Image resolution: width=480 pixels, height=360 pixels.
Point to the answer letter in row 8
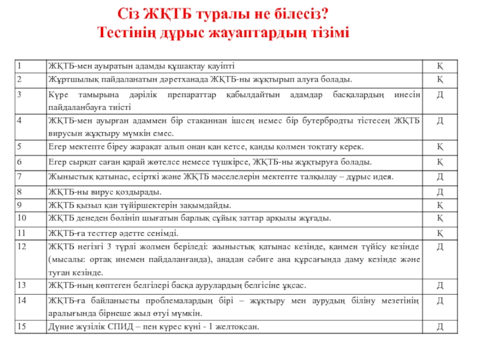(x=440, y=192)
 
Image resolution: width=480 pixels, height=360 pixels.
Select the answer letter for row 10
(x=440, y=218)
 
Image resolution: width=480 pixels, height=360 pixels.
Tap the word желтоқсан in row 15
(x=239, y=326)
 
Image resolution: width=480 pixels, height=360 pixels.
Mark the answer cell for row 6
(x=440, y=162)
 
